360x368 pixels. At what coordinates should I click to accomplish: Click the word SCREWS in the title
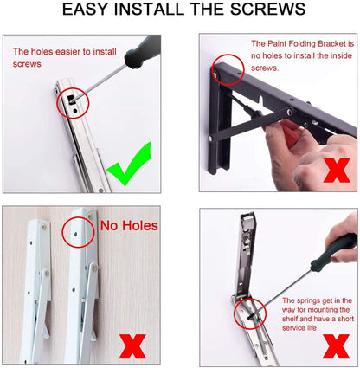pyautogui.click(x=267, y=9)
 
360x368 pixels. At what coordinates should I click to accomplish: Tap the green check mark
pyautogui.click(x=129, y=164)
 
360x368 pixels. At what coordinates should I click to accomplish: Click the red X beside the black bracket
pyautogui.click(x=337, y=170)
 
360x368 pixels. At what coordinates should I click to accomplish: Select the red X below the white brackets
pyautogui.click(x=132, y=346)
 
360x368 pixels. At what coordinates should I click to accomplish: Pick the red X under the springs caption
pyautogui.click(x=336, y=346)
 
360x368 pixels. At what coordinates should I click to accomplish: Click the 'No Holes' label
pyautogui.click(x=129, y=225)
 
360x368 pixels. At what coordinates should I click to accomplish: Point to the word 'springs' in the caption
pyautogui.click(x=309, y=300)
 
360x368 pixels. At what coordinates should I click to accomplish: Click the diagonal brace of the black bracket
pyautogui.click(x=250, y=123)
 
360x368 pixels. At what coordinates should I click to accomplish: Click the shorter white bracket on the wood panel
pyautogui.click(x=37, y=288)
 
